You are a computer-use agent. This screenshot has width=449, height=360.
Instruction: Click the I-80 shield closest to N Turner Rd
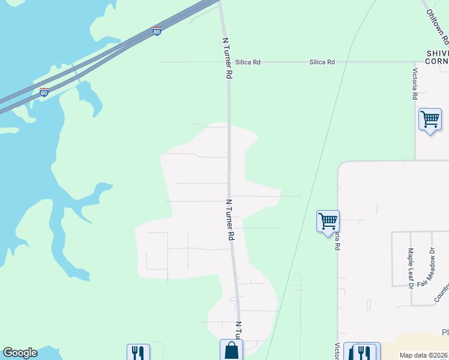(x=157, y=31)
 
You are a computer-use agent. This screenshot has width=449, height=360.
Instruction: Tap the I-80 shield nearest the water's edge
(x=44, y=92)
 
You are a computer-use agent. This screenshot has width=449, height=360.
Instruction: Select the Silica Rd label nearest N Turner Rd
(x=248, y=62)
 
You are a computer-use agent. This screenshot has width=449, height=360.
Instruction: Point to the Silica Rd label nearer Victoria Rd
(x=322, y=62)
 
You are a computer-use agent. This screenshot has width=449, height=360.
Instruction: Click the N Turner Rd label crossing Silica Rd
(x=227, y=59)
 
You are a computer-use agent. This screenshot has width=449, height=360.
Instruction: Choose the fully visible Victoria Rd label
(x=414, y=83)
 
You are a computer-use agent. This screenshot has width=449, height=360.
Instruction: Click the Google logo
(x=20, y=353)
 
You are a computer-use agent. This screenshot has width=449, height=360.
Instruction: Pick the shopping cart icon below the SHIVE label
(x=430, y=119)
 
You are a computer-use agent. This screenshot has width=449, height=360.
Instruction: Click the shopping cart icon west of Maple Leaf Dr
(x=328, y=221)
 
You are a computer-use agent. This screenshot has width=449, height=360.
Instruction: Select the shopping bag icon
(x=231, y=350)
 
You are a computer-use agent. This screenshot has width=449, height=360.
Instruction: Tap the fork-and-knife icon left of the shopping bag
(x=137, y=352)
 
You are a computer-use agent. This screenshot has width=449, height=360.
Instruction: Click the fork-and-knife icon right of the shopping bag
(x=364, y=352)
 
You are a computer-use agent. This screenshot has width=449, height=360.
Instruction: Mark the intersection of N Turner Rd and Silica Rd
(x=228, y=62)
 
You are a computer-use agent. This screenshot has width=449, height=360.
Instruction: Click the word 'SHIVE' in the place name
(x=437, y=53)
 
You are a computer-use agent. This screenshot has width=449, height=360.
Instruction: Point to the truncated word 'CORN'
(x=437, y=62)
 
